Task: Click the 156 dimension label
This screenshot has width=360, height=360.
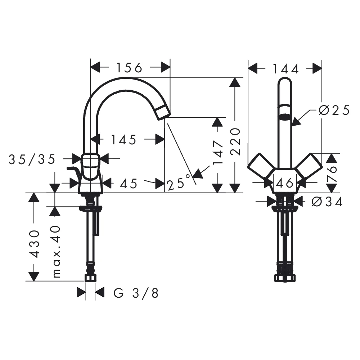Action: (130, 68)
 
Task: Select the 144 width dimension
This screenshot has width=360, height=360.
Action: (285, 69)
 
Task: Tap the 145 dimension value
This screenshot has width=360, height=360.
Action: (124, 140)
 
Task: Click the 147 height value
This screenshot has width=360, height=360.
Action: (218, 152)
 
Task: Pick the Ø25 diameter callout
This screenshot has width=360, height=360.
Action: (334, 110)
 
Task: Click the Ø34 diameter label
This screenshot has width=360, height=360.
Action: (327, 202)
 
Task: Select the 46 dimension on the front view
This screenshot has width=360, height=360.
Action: (285, 183)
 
